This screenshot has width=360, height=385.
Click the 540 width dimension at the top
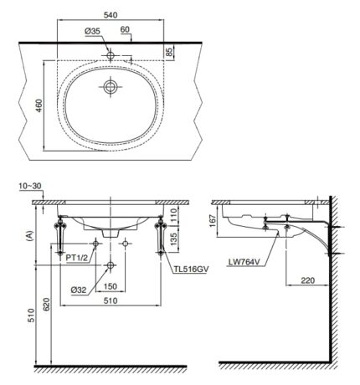[x=113, y=14]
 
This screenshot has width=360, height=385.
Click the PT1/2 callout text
[x=77, y=259]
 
